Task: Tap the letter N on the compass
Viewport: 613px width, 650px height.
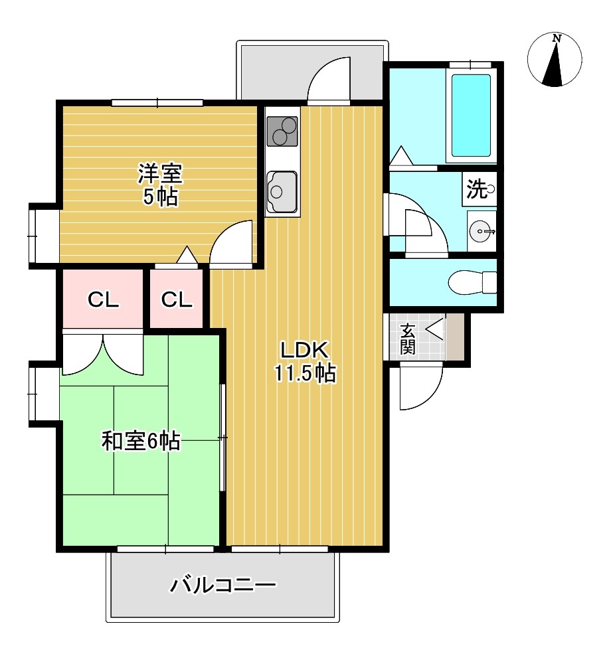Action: coord(557,39)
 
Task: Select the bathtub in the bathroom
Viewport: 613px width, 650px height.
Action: coord(471,116)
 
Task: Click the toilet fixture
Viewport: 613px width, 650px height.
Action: coord(472,283)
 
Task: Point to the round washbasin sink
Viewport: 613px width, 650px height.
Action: coord(481,231)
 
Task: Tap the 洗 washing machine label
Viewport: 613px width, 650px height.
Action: coord(478,189)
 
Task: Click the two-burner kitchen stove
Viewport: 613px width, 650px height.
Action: coord(282,131)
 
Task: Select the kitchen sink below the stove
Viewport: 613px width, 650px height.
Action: coord(282,191)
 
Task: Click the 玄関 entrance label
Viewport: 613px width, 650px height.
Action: coord(408,339)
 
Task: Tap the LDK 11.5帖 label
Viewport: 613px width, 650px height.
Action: coord(305,361)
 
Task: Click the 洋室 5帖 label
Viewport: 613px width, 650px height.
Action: coord(160,185)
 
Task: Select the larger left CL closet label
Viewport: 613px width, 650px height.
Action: coord(103,299)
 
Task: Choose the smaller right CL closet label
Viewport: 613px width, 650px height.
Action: coord(177,299)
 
